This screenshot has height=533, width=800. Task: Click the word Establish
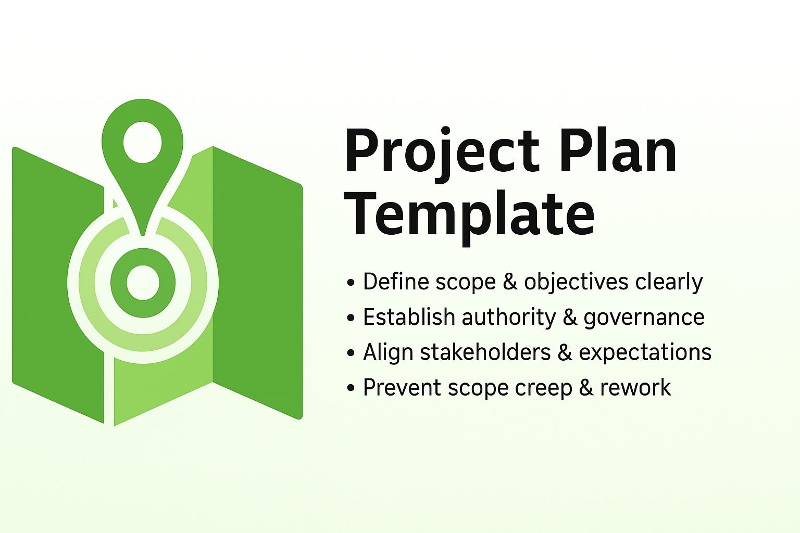tap(408, 317)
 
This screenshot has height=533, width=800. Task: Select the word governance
tap(644, 317)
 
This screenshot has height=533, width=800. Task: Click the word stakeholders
tap(485, 352)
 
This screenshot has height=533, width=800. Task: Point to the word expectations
tap(645, 352)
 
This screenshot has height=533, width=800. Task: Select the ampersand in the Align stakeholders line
tap(565, 352)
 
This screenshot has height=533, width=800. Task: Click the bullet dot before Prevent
tap(351, 388)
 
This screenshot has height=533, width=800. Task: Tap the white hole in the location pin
tap(142, 141)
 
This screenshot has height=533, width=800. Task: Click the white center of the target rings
tap(142, 283)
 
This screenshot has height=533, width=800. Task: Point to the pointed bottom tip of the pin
tap(142, 234)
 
